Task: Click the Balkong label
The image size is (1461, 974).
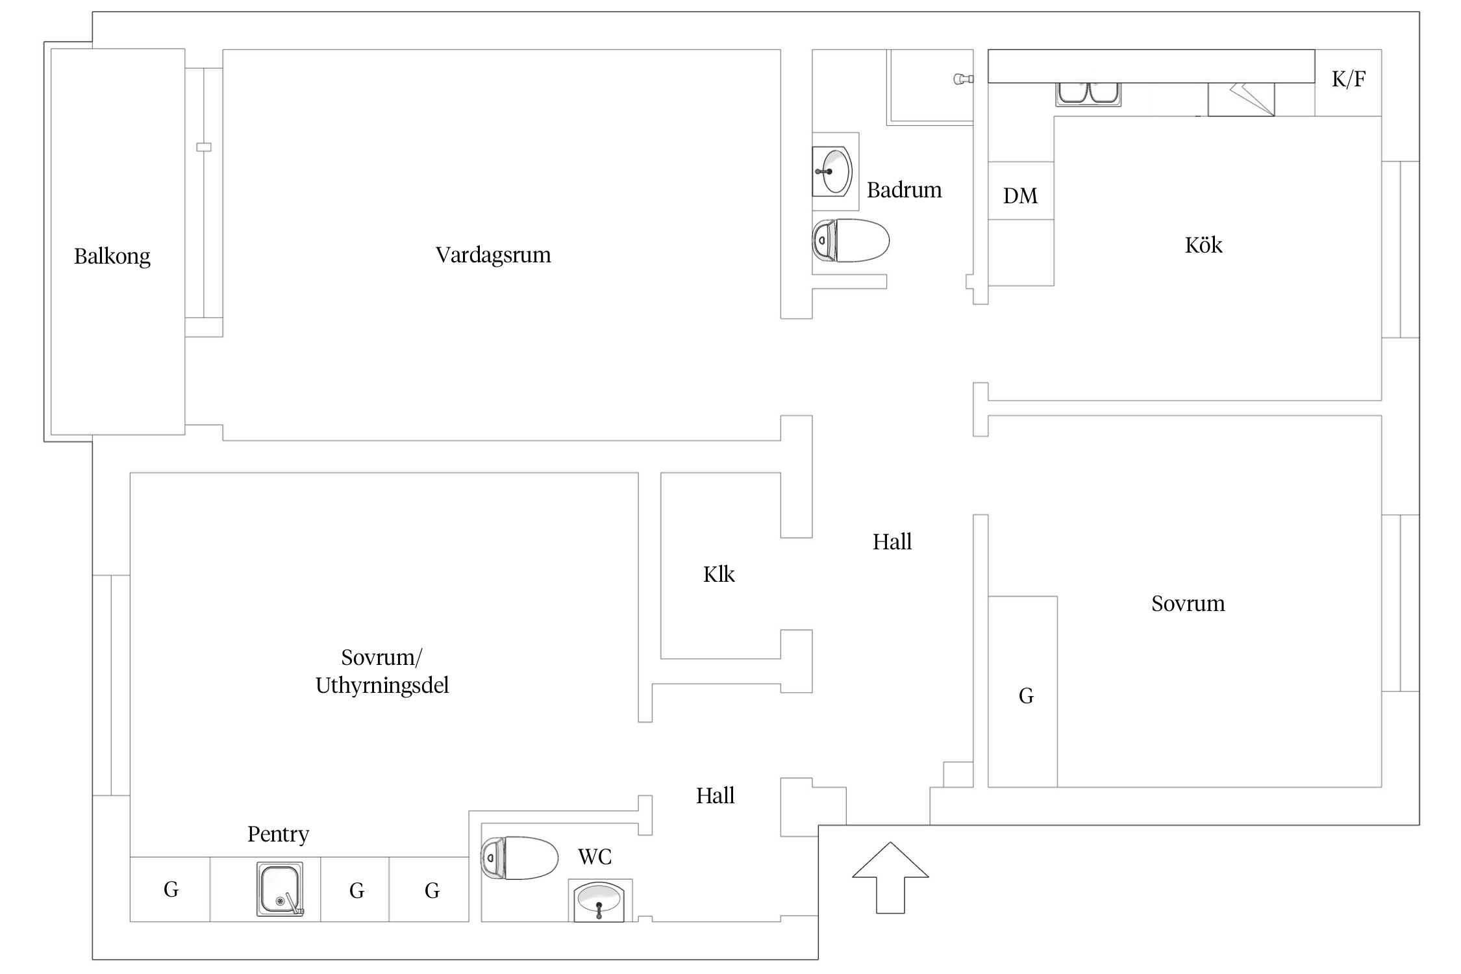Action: pyautogui.click(x=112, y=256)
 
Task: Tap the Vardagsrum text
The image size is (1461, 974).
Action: pyautogui.click(x=493, y=255)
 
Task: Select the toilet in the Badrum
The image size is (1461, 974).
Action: pyautogui.click(x=851, y=240)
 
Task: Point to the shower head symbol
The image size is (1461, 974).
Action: pyautogui.click(x=962, y=79)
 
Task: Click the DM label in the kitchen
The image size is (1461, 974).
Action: pyautogui.click(x=1020, y=196)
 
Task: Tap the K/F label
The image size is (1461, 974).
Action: pyautogui.click(x=1349, y=79)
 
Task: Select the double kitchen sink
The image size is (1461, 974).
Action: pyautogui.click(x=1088, y=94)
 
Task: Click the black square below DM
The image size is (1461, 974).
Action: pyautogui.click(x=1020, y=251)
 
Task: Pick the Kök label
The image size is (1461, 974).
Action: pyautogui.click(x=1203, y=245)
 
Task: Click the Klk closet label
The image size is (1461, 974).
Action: pyautogui.click(x=719, y=575)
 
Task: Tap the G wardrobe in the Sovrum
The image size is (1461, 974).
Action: pyautogui.click(x=1026, y=696)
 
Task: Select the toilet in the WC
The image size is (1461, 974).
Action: pyautogui.click(x=519, y=858)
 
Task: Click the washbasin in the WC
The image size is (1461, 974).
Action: pyautogui.click(x=599, y=901)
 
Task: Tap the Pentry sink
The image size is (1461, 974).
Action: pyautogui.click(x=280, y=889)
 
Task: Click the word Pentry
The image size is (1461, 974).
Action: pyautogui.click(x=278, y=834)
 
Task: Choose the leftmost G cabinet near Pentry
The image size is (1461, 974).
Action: pyautogui.click(x=171, y=890)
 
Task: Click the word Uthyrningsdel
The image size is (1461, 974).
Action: pyautogui.click(x=382, y=686)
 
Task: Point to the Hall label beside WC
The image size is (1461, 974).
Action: pyautogui.click(x=715, y=796)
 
